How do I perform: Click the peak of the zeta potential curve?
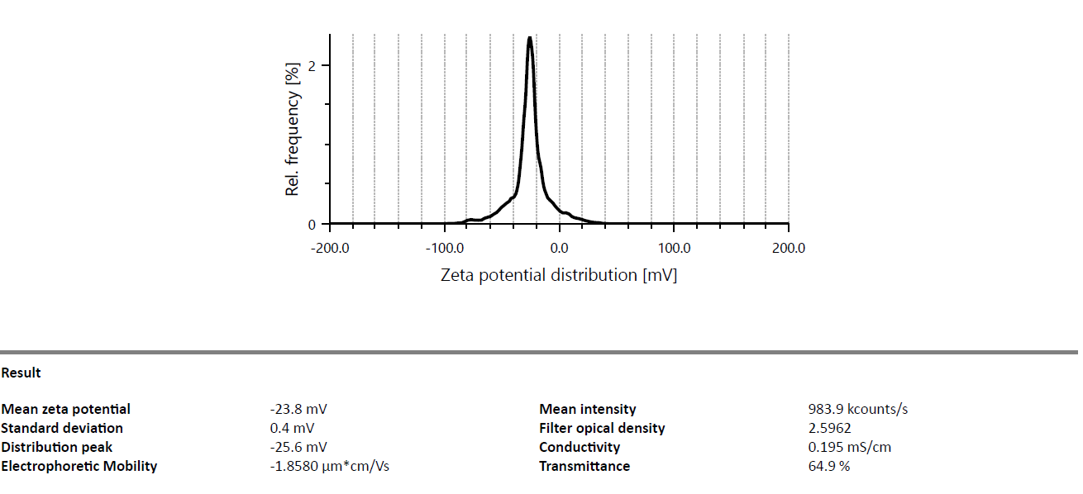[529, 38]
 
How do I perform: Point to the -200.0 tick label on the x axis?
[330, 248]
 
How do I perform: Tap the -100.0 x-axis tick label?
[445, 248]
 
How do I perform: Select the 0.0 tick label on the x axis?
[560, 248]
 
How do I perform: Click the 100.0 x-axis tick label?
[675, 248]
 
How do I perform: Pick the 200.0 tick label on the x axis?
[789, 248]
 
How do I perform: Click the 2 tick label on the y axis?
[312, 65]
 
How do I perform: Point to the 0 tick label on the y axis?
[312, 225]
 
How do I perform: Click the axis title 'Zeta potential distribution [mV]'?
[559, 275]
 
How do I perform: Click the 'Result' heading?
[21, 373]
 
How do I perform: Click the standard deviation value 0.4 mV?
[292, 428]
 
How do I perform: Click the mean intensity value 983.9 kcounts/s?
[857, 409]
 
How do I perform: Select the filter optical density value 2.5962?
[829, 428]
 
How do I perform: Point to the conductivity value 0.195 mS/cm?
[849, 447]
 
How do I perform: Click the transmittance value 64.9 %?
[828, 466]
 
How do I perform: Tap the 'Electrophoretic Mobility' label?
[79, 466]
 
